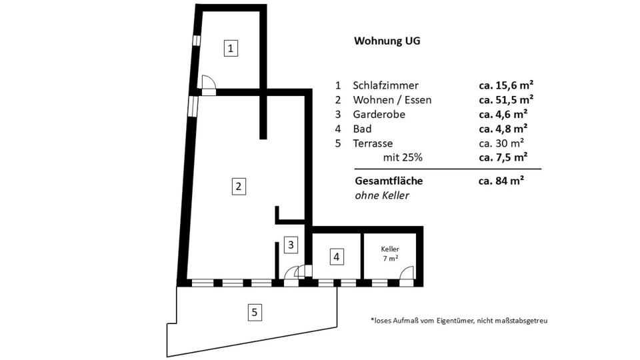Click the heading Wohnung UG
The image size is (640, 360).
click(x=387, y=41)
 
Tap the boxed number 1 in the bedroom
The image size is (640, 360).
click(x=230, y=48)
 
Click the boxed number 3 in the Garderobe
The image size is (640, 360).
click(x=290, y=245)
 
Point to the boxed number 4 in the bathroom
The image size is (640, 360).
click(x=337, y=256)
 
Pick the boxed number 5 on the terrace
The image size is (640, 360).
click(x=253, y=311)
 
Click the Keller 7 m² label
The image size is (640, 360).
click(x=390, y=253)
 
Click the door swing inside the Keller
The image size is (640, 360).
click(x=406, y=273)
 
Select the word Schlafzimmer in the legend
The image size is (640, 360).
click(x=385, y=85)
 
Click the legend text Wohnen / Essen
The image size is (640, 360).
click(x=392, y=100)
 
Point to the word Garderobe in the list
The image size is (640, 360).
click(x=379, y=115)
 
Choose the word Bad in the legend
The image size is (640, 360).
click(x=362, y=129)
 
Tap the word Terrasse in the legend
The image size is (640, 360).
click(x=373, y=143)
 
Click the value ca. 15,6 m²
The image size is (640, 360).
click(x=505, y=85)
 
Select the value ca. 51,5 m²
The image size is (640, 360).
click(x=505, y=100)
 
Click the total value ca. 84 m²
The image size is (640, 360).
click(x=501, y=181)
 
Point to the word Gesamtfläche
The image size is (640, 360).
click(x=388, y=181)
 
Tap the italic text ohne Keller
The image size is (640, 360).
click(x=381, y=195)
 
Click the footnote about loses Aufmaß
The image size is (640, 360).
click(x=459, y=321)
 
